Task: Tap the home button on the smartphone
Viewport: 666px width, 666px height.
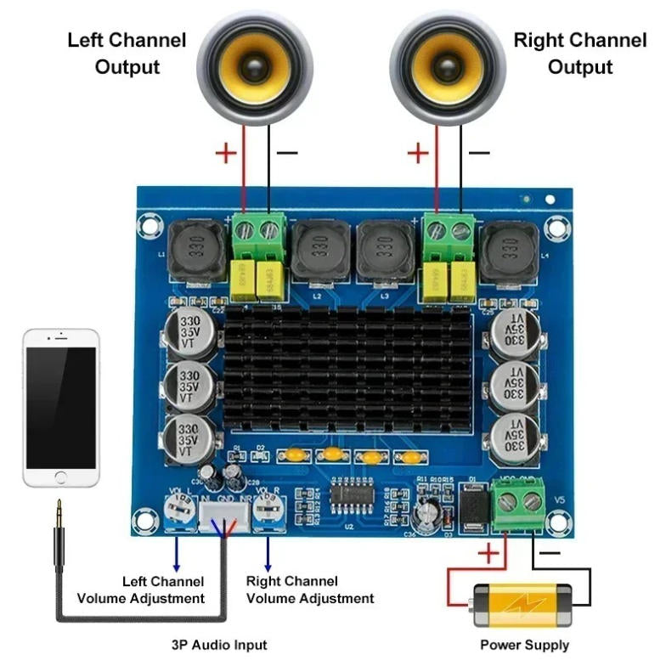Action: [x=60, y=472]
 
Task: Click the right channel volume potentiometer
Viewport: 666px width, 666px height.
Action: [x=269, y=511]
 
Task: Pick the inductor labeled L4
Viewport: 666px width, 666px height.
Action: [x=509, y=250]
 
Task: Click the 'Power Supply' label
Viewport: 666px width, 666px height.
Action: [x=524, y=645]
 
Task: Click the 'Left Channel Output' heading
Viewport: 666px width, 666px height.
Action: [x=127, y=54]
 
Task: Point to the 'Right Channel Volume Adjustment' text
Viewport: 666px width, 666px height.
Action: [x=310, y=590]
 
